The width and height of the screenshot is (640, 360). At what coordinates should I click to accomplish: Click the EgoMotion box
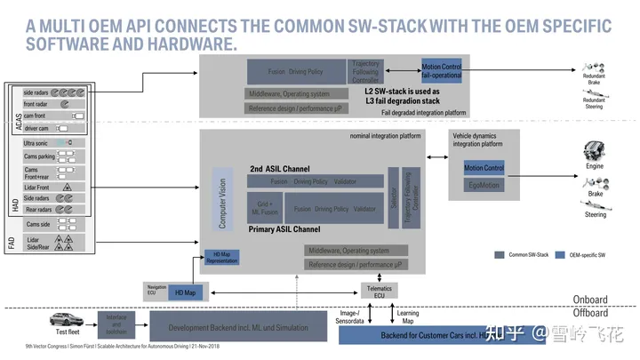(484, 186)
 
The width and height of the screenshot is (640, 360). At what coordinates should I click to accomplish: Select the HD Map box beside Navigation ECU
(185, 292)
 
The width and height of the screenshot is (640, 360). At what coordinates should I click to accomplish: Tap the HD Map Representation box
(221, 258)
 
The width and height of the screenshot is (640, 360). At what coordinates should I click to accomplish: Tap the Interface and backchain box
(117, 322)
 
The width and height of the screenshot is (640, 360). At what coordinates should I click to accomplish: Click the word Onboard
(590, 300)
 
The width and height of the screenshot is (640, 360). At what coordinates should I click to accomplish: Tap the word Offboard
(590, 313)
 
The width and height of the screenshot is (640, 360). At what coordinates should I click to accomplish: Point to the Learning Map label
(408, 317)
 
